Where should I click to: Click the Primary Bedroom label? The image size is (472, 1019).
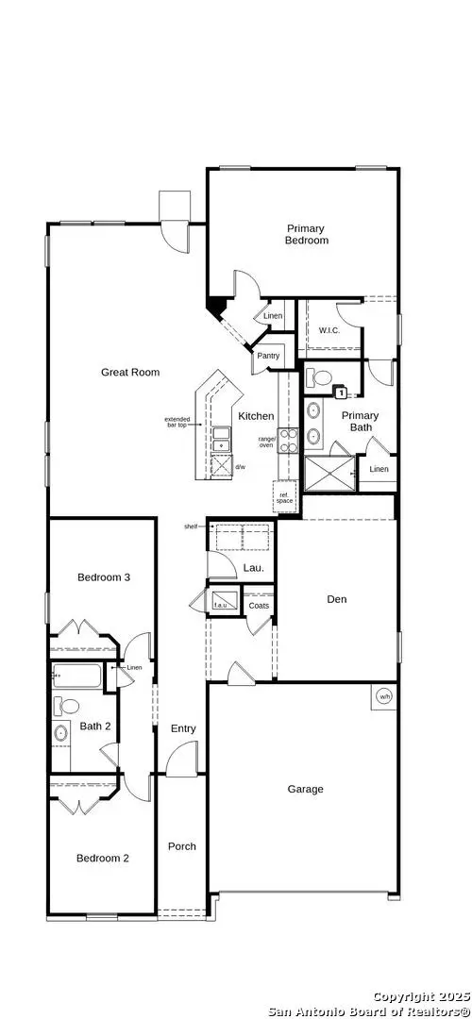pyautogui.click(x=307, y=234)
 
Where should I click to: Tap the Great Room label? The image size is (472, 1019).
pyautogui.click(x=130, y=373)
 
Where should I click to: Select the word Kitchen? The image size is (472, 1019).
pyautogui.click(x=256, y=416)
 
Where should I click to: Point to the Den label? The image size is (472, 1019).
pyautogui.click(x=337, y=598)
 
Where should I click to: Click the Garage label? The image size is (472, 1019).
pyautogui.click(x=305, y=789)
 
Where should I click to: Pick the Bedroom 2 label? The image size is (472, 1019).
pyautogui.click(x=102, y=858)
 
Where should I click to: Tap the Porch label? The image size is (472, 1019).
pyautogui.click(x=182, y=846)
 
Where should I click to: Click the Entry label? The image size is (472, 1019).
pyautogui.click(x=183, y=728)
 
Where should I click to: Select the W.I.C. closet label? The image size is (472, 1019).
pyautogui.click(x=329, y=330)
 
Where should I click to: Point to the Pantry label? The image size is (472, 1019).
pyautogui.click(x=267, y=357)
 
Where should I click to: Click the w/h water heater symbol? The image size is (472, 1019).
pyautogui.click(x=384, y=696)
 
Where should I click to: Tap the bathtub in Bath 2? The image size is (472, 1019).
pyautogui.click(x=79, y=676)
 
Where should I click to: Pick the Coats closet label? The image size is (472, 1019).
pyautogui.click(x=259, y=605)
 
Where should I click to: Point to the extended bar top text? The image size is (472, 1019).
pyautogui.click(x=177, y=422)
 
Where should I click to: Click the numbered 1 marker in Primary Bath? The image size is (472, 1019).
pyautogui.click(x=342, y=392)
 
